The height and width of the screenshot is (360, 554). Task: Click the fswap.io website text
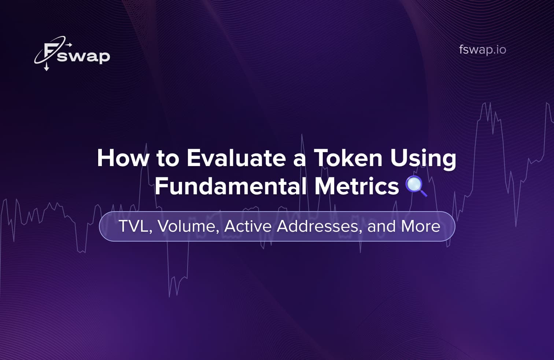coord(482,49)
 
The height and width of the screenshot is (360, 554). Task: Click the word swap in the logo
coord(84,56)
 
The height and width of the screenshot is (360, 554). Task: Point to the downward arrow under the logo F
coord(47,67)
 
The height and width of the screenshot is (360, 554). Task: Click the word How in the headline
coord(123,158)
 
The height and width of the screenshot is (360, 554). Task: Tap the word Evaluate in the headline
coord(236,158)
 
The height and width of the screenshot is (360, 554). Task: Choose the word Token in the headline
coord(348,158)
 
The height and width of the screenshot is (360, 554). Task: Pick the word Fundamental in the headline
coord(230,186)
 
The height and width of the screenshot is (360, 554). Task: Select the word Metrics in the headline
coord(357,186)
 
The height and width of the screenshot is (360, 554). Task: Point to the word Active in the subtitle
coord(248,226)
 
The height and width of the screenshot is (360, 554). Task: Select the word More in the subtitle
coord(421,226)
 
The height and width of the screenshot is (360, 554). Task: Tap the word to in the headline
coord(168,158)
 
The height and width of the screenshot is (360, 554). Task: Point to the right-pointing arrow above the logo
coord(69,45)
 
